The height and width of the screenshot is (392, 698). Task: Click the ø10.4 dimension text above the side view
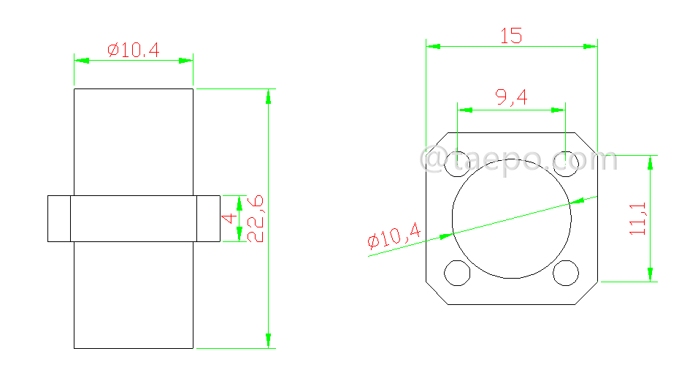tap(133, 50)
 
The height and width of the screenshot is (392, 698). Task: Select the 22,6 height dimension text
tap(255, 218)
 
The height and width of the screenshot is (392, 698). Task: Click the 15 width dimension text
tap(511, 36)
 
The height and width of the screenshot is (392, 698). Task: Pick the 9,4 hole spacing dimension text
tap(511, 97)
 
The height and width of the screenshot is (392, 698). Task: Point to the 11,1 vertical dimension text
tap(638, 218)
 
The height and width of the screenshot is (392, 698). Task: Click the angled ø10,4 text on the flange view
tap(395, 237)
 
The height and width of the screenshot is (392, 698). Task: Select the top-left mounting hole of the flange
tap(458, 162)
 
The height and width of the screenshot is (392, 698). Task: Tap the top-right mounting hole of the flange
tap(566, 162)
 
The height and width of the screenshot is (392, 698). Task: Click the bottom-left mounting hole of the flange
tap(458, 272)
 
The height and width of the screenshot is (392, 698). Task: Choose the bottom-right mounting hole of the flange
tap(566, 272)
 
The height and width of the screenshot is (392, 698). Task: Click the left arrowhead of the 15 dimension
tap(434, 46)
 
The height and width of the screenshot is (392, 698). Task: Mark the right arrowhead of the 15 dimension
tap(590, 46)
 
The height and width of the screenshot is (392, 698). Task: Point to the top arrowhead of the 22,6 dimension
tap(269, 97)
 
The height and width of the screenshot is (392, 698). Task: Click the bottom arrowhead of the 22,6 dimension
tap(269, 340)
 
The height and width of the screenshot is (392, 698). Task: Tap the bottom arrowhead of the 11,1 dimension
tap(649, 274)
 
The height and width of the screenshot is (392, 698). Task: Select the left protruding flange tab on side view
tap(59, 218)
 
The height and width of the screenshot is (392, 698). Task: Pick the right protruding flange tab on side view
tap(208, 218)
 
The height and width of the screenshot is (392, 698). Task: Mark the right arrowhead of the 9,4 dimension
tap(559, 110)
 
